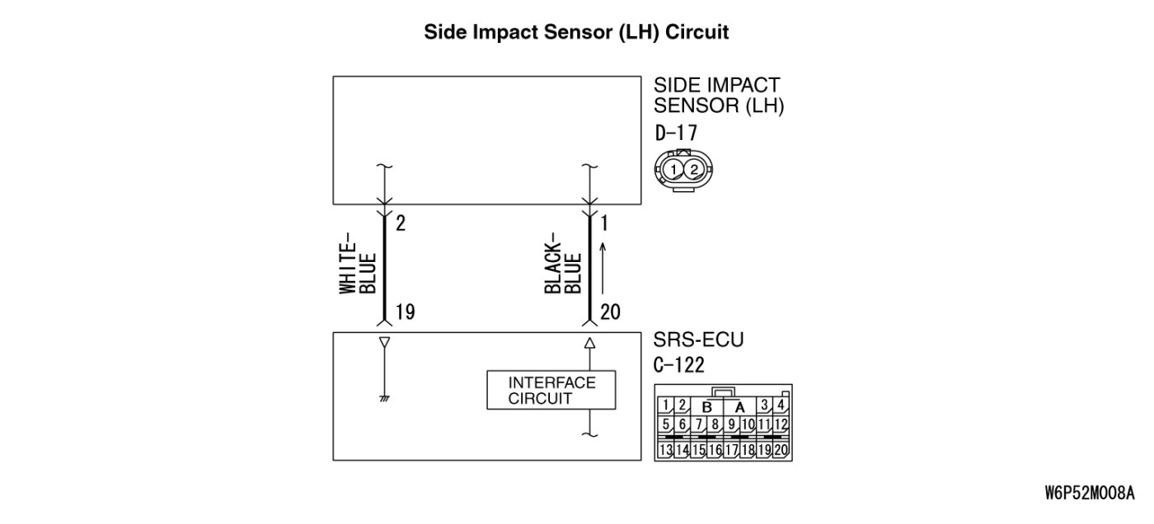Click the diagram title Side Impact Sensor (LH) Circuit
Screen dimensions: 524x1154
click(x=576, y=32)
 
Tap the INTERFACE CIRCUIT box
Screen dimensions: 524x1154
click(x=551, y=391)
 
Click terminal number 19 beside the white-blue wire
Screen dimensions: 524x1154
click(x=404, y=312)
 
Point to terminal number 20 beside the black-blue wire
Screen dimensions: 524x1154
click(x=611, y=312)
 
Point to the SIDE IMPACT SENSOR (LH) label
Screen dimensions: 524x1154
click(x=717, y=96)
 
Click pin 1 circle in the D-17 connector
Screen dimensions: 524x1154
click(x=675, y=170)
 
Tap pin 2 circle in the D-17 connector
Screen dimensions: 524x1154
click(x=695, y=170)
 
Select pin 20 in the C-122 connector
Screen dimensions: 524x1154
click(x=781, y=450)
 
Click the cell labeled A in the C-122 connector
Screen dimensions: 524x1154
click(x=740, y=406)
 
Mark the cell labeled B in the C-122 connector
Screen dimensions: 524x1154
click(x=706, y=406)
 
